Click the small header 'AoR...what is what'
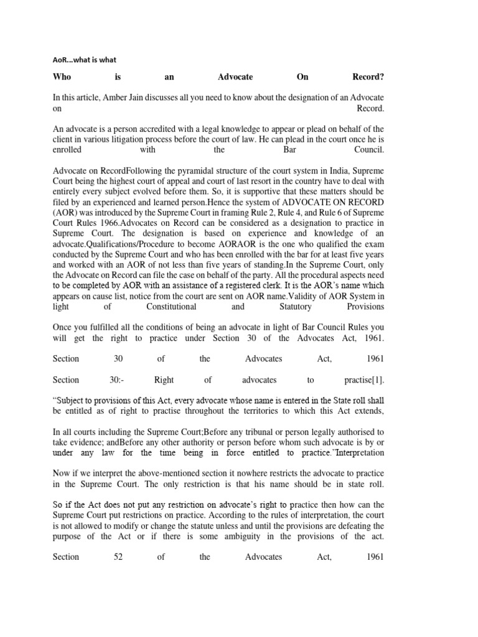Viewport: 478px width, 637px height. [x=83, y=60]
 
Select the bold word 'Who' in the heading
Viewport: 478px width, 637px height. [x=62, y=77]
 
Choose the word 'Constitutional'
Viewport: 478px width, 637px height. [x=171, y=307]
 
